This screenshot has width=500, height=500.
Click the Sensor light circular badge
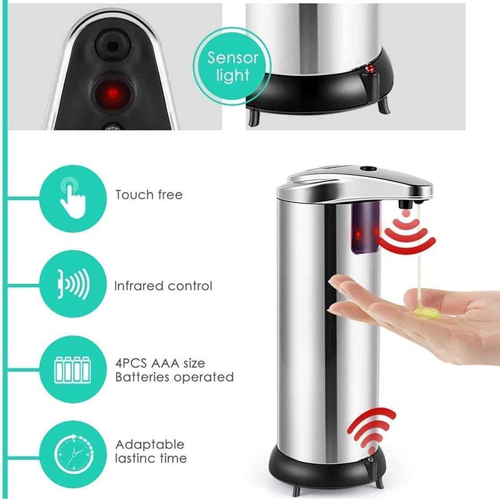(232, 66)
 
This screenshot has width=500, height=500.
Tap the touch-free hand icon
(72, 197)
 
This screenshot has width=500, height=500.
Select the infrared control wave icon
(73, 284)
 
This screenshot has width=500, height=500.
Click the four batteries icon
(72, 369)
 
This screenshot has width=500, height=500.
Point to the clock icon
(74, 453)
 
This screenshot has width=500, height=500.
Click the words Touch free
(149, 194)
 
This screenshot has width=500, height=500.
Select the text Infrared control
(163, 286)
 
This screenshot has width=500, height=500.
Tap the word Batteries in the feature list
(143, 377)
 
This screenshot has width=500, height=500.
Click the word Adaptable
(149, 444)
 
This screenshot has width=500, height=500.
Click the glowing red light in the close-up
(112, 92)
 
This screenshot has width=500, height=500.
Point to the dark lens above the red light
(112, 45)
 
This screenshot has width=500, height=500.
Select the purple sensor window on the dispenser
(365, 229)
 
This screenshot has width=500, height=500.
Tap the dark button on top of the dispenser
(367, 167)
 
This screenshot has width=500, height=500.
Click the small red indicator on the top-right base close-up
(371, 68)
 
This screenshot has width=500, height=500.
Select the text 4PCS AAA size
(160, 363)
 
